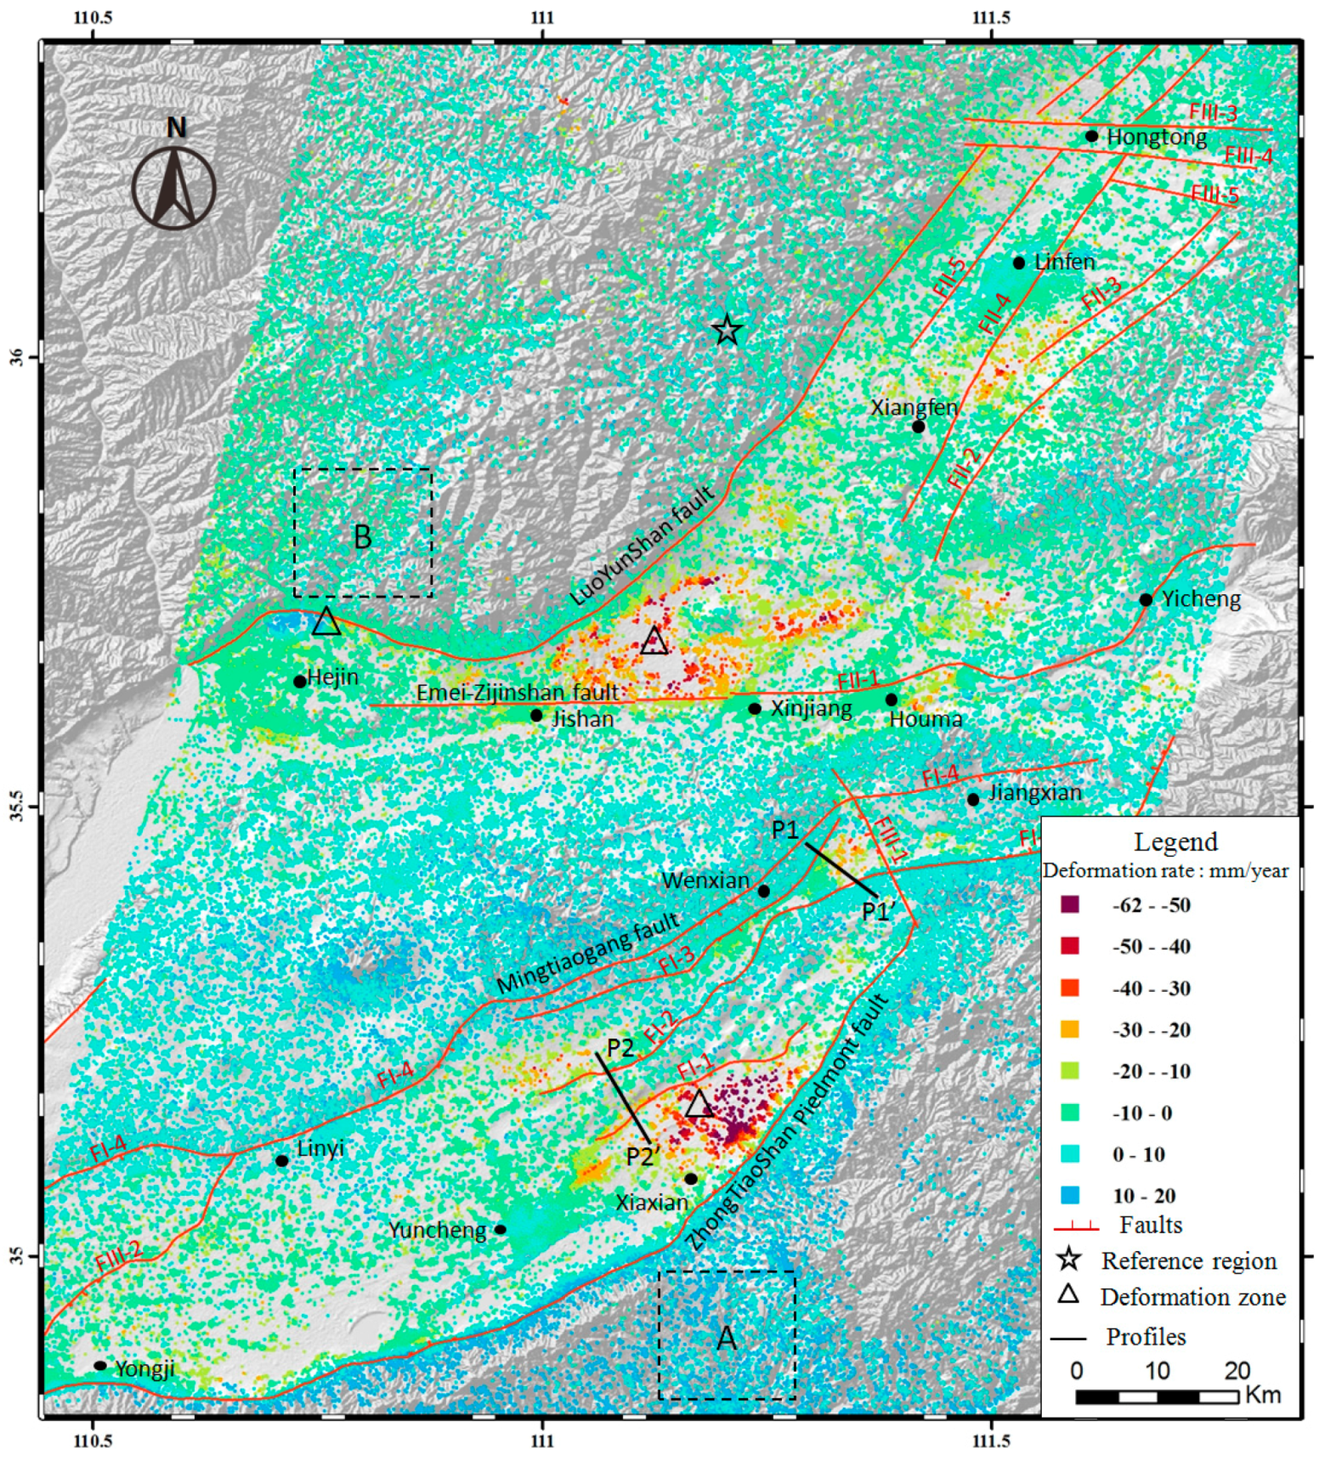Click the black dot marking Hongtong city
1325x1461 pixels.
(1091, 136)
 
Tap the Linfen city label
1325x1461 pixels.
(1064, 263)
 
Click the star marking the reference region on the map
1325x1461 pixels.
(727, 331)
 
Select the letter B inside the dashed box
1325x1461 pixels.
(362, 537)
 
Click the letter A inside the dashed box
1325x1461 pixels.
(727, 1339)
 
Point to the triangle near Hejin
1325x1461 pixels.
(326, 623)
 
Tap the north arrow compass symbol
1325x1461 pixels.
(174, 187)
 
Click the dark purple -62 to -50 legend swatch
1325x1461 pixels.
(1070, 904)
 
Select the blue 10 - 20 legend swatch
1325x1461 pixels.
(1070, 1196)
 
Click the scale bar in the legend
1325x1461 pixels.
(1156, 1396)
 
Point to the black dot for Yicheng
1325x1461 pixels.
(1146, 600)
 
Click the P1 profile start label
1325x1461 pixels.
(785, 830)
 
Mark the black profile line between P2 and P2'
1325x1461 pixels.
(624, 1098)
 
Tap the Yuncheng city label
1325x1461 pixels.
(437, 1230)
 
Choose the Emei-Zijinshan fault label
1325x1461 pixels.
(517, 693)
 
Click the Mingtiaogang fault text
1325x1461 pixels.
(588, 952)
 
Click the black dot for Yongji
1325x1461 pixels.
(100, 1366)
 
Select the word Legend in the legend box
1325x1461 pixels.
(1175, 841)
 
